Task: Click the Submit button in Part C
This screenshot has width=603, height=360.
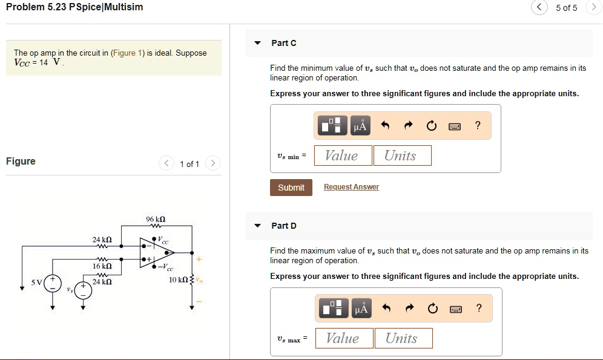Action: click(x=291, y=188)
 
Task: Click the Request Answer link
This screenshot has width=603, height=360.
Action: click(x=351, y=187)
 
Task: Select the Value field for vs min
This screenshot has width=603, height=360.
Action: click(x=341, y=155)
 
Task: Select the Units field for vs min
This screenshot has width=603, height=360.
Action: click(x=402, y=155)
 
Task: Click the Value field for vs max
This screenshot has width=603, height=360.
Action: click(x=343, y=338)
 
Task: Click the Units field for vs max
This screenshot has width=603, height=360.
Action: click(x=403, y=338)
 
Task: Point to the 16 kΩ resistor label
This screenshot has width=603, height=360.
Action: click(x=102, y=266)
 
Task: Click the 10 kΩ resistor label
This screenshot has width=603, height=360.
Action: click(x=179, y=280)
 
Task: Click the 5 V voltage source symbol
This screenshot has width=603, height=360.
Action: click(x=53, y=283)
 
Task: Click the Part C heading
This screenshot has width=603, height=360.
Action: click(x=284, y=43)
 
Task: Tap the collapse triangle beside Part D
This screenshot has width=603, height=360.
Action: click(x=257, y=226)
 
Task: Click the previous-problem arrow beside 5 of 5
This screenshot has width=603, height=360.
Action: click(x=538, y=8)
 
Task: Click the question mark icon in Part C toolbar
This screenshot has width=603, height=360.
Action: click(x=478, y=126)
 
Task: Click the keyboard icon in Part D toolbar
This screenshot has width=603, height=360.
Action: click(x=455, y=309)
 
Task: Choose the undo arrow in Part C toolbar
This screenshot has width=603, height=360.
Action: click(x=384, y=126)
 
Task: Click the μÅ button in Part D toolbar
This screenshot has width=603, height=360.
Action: click(x=360, y=309)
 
